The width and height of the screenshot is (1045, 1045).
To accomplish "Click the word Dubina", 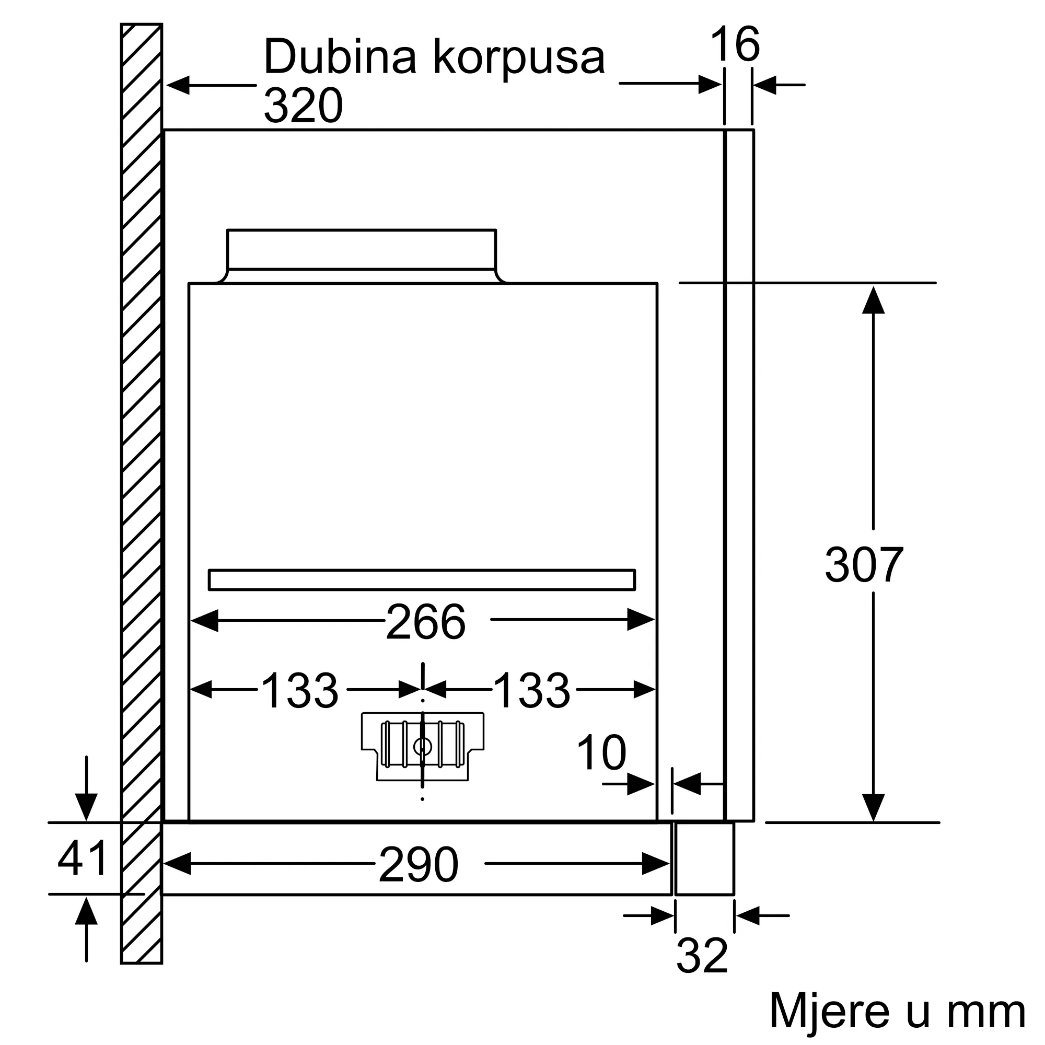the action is (340, 56).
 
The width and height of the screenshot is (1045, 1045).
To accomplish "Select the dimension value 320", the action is (304, 105).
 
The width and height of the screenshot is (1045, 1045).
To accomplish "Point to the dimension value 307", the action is (864, 565).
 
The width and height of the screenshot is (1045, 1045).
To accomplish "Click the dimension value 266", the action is (426, 622).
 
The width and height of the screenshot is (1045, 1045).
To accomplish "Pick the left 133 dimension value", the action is (299, 690).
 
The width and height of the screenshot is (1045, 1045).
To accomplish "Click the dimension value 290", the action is (419, 865).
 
